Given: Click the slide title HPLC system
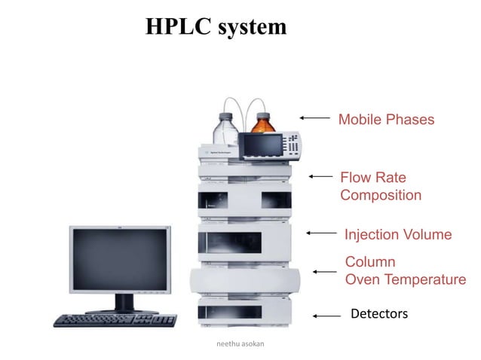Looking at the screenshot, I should tap(216, 27).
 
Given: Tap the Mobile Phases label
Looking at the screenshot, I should tap(386, 120).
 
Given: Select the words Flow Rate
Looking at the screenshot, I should tap(372, 178).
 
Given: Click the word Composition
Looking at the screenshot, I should tap(381, 196).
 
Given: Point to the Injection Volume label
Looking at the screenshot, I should tap(397, 235).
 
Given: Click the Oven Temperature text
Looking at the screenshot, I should tap(405, 280).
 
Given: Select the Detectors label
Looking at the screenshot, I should tap(379, 313).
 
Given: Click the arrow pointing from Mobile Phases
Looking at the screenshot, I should tap(315, 117).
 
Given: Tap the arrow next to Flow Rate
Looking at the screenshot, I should tap(321, 176).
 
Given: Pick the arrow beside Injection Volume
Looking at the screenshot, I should tap(322, 234).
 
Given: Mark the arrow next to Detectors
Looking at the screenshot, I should tap(326, 316).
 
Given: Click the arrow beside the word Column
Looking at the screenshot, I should tap(326, 271).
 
